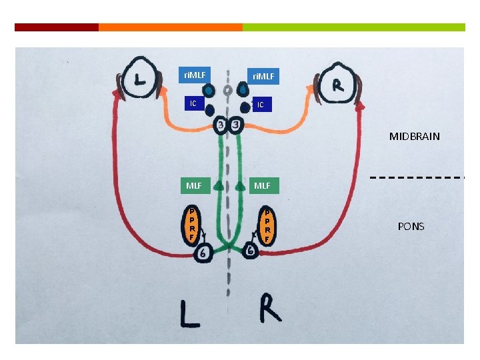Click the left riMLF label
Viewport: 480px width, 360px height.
(195, 75)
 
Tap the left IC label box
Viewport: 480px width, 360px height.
(193, 103)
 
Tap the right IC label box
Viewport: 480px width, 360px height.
(261, 105)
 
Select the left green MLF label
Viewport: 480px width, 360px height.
(194, 185)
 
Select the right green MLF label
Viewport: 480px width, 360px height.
(262, 185)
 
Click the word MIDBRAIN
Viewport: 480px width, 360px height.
(414, 136)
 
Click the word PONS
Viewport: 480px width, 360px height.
(411, 227)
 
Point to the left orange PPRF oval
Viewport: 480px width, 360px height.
(192, 223)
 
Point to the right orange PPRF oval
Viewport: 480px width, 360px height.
(267, 225)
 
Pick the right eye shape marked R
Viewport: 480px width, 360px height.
(338, 85)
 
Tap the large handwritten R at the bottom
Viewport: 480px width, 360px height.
(270, 308)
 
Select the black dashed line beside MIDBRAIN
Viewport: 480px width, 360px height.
(417, 178)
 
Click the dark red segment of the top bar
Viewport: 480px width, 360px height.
(56, 27)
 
